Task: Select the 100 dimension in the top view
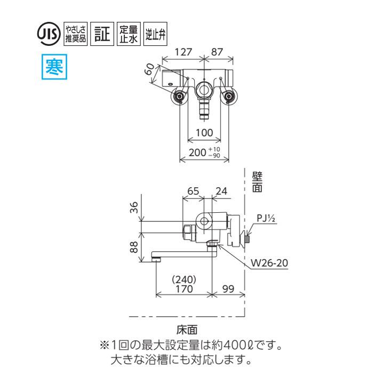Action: coord(204,132)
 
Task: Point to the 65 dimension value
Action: coord(194,190)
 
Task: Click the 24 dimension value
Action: coord(221,190)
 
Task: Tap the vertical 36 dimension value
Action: coord(135,207)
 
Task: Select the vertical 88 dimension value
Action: coord(135,247)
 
